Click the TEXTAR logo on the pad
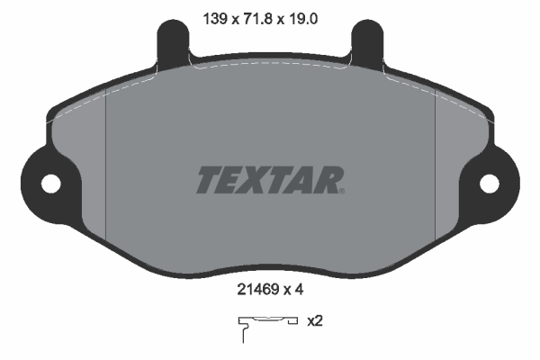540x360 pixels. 269,180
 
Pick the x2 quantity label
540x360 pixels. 315,320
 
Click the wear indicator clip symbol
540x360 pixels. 265,324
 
